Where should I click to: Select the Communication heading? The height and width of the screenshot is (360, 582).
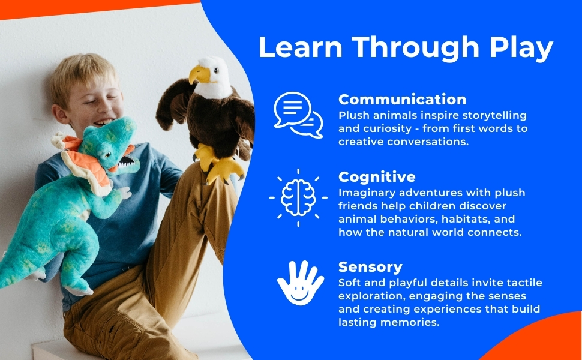pyautogui.click(x=403, y=100)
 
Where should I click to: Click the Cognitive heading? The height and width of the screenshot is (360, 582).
pyautogui.click(x=377, y=177)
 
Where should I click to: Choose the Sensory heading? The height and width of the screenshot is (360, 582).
pyautogui.click(x=370, y=267)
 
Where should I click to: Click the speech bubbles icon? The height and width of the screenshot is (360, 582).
pyautogui.click(x=298, y=115)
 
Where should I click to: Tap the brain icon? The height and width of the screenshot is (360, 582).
pyautogui.click(x=298, y=197)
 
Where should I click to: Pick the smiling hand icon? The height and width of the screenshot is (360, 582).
pyautogui.click(x=300, y=283)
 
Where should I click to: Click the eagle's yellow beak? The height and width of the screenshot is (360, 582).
pyautogui.click(x=199, y=74)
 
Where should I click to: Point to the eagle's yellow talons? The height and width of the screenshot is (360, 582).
pyautogui.click(x=220, y=165)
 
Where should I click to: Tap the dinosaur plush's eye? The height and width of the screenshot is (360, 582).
pyautogui.click(x=108, y=153)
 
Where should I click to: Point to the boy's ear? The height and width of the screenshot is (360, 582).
pyautogui.click(x=60, y=114)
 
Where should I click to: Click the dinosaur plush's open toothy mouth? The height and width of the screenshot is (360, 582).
pyautogui.click(x=126, y=162)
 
